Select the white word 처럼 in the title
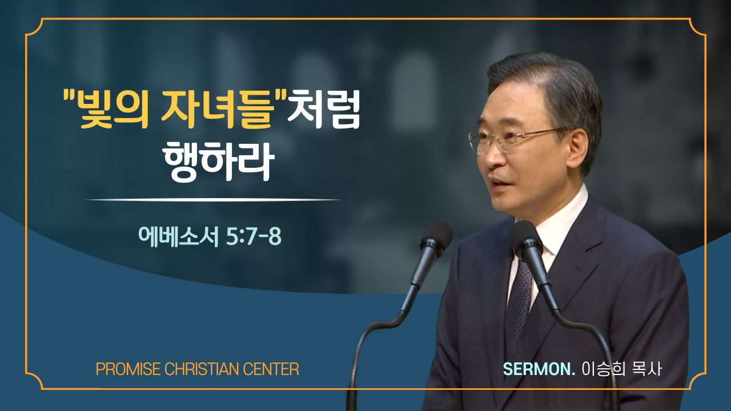[x=324, y=109]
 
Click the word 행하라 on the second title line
[x=219, y=161]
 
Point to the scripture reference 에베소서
[x=178, y=236]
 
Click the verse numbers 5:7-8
[x=254, y=236]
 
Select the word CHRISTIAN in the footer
[x=202, y=369]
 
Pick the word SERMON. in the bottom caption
[x=539, y=369]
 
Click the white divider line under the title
[x=213, y=200]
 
